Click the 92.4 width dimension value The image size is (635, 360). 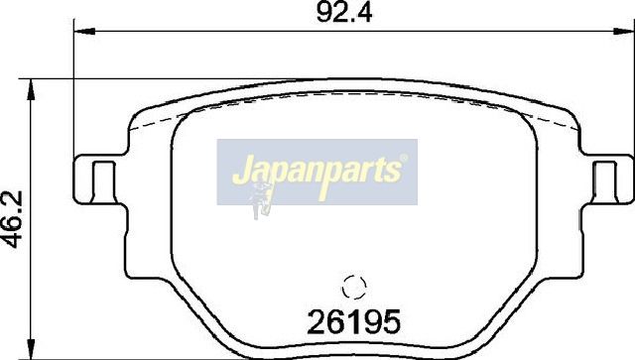click(x=344, y=13)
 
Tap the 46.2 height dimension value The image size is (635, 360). click(x=13, y=219)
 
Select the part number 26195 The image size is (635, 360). click(x=353, y=321)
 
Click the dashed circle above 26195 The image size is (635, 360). click(x=354, y=288)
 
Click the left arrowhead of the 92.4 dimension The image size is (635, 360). click(x=84, y=31)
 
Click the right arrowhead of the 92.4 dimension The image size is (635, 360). click(x=623, y=31)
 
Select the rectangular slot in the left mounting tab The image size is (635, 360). click(x=103, y=181)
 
